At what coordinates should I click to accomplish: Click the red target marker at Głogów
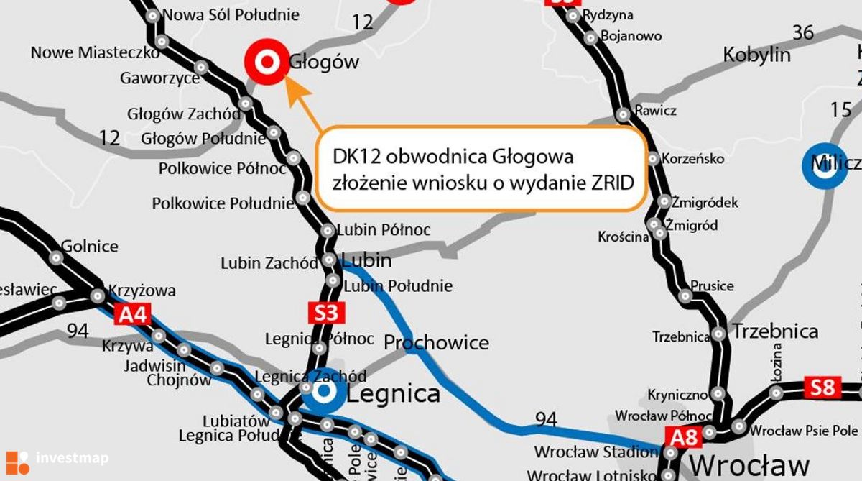click(267, 62)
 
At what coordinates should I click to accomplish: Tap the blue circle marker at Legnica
click(323, 392)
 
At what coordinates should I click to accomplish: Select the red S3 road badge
click(326, 313)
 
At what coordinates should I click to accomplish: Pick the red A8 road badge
click(682, 436)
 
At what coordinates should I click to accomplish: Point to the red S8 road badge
click(822, 388)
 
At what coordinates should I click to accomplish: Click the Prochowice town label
click(436, 342)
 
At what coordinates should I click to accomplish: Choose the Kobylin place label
click(756, 55)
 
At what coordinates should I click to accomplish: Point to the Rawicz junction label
click(655, 111)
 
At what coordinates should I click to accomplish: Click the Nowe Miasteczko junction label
click(95, 52)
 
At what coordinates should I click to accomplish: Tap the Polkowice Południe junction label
click(223, 203)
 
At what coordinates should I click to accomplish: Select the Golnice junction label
click(90, 246)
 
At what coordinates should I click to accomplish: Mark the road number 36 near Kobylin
click(803, 32)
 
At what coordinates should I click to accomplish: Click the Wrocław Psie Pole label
click(804, 431)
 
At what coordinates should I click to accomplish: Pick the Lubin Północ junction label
click(384, 230)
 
